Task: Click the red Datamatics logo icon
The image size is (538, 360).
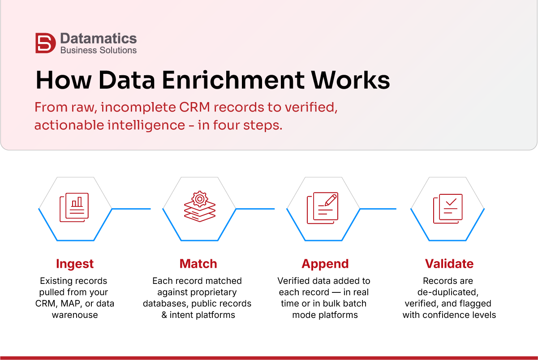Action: tap(45, 43)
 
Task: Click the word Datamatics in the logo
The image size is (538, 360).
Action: tap(98, 39)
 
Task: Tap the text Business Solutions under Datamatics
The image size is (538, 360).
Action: tap(98, 50)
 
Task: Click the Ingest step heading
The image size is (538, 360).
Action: tap(75, 264)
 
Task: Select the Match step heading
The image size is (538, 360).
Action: tap(198, 264)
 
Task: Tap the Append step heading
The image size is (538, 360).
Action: tap(325, 264)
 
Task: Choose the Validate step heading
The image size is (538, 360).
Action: tap(449, 264)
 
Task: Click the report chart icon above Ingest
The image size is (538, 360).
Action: tap(74, 207)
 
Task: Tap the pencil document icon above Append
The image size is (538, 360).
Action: tap(323, 208)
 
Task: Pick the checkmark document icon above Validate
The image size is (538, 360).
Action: tap(448, 208)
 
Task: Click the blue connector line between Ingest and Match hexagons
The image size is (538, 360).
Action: tap(131, 209)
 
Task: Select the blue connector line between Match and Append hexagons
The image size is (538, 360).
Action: tap(255, 209)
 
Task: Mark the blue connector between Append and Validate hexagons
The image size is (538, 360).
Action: tap(378, 209)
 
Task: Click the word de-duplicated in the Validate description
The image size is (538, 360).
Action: tap(449, 292)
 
